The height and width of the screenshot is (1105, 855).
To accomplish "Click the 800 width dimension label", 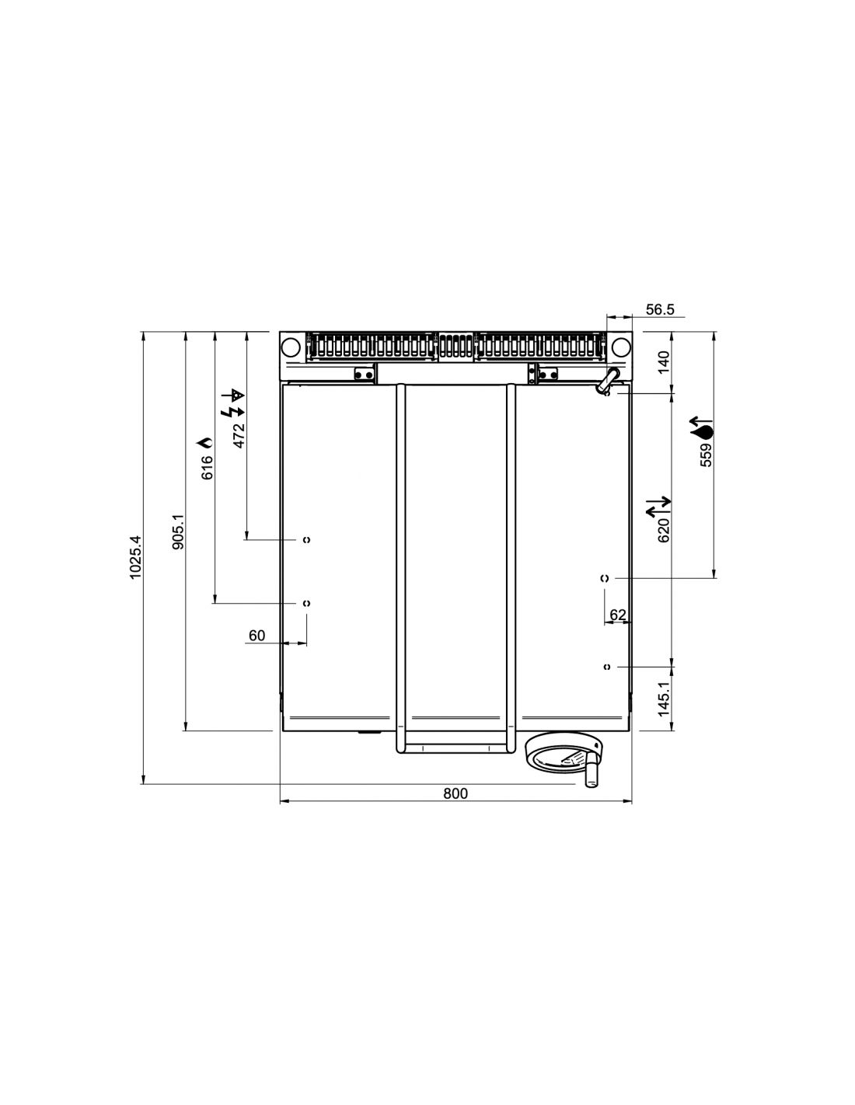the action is [455, 793].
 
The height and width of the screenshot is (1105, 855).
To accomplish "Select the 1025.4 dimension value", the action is [135, 557].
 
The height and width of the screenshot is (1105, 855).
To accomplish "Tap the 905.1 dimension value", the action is [177, 532].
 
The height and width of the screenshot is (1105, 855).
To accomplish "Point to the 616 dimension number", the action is [207, 468].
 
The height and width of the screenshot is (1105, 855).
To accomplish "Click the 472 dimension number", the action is [239, 435].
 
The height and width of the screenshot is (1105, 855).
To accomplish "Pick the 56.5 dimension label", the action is [660, 309].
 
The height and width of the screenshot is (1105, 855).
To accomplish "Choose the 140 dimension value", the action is [665, 362].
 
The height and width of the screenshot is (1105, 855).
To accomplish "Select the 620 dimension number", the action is [664, 531].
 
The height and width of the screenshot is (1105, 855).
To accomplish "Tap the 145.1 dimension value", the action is [665, 699].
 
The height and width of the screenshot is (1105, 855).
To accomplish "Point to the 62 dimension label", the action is [617, 615].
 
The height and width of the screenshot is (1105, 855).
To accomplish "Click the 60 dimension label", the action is [256, 636].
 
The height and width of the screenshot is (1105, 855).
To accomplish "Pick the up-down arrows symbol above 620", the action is [658, 507].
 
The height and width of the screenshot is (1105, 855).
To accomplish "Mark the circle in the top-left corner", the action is [291, 347].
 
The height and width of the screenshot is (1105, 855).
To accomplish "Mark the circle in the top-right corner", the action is [621, 347].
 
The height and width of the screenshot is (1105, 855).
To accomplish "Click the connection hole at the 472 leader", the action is [306, 540].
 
